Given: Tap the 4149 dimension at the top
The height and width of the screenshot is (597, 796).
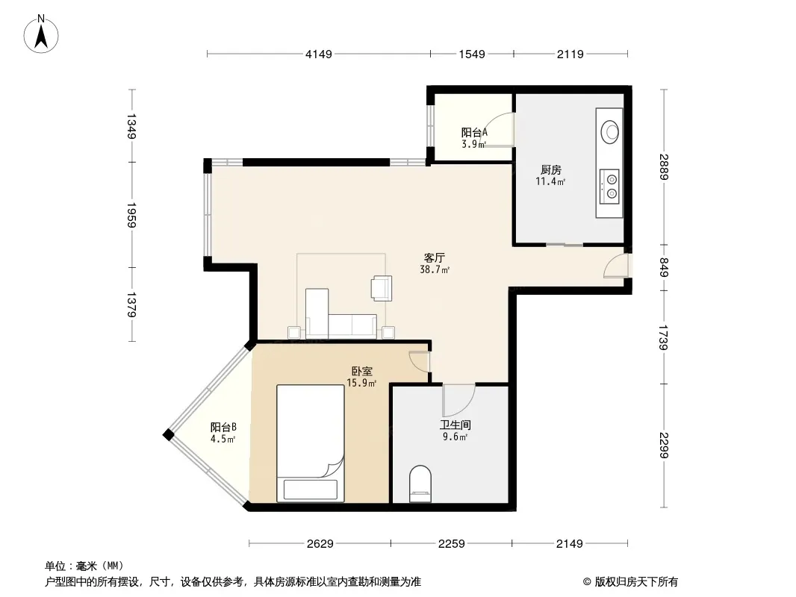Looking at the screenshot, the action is [318, 54].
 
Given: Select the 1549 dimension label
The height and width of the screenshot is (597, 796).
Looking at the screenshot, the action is [472, 54].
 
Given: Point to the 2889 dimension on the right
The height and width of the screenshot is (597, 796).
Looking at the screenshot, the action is [664, 166].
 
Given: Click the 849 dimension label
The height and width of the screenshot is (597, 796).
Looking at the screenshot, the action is [664, 267].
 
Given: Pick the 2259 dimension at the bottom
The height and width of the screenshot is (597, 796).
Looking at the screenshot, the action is [451, 544].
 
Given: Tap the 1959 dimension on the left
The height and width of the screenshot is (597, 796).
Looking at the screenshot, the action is [131, 215].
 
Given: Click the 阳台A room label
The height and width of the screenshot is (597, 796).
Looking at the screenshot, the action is [474, 133].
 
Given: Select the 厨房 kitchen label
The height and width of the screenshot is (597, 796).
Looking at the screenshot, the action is [551, 170].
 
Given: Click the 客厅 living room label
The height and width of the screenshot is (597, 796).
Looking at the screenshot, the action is [435, 258].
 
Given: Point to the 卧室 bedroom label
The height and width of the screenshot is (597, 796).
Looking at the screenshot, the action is [361, 372].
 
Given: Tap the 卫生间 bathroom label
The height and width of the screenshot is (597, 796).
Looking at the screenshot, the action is [455, 425].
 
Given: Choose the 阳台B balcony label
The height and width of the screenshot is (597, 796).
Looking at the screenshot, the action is [223, 427].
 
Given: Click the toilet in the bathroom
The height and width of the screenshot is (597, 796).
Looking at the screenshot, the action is [420, 484].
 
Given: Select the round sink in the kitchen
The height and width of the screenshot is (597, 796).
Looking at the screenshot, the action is [609, 132].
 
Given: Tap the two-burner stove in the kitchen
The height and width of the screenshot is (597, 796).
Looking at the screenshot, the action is [609, 186].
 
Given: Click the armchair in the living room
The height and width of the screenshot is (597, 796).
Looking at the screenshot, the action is [382, 288].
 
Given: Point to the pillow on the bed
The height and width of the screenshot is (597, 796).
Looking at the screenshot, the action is [310, 489].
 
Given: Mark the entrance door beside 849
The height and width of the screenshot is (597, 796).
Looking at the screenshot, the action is [616, 266].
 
